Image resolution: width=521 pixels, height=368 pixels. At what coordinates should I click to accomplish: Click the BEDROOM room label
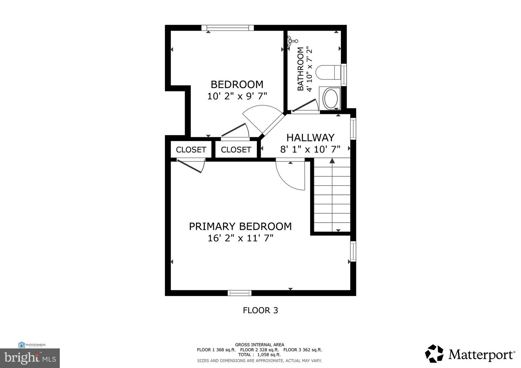coord(237,84)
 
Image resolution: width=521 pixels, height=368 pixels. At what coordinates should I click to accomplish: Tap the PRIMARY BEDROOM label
coord(240,226)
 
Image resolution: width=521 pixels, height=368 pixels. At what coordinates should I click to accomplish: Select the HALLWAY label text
coord(310,137)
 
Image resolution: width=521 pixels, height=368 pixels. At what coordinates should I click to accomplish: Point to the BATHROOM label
coord(300,69)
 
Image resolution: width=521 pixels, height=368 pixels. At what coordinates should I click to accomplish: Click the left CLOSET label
coord(191,150)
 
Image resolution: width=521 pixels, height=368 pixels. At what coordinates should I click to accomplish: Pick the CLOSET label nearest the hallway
coord(236,150)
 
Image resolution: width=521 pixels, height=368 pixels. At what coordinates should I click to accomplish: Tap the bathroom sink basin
coord(330,98)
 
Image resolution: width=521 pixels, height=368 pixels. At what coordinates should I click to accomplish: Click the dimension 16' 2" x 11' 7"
coord(240,238)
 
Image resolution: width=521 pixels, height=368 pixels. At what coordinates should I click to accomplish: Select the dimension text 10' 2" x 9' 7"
coord(237,96)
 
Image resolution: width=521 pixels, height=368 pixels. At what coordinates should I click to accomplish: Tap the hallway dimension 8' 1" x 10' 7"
coord(310,149)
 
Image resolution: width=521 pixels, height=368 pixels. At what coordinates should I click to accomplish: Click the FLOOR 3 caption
coord(260,310)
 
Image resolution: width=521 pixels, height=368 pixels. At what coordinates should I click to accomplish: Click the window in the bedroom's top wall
coord(225,28)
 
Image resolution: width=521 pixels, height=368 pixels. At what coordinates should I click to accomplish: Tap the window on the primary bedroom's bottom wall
coord(240,293)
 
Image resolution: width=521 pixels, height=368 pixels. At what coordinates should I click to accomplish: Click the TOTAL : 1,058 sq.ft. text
coord(259,355)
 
